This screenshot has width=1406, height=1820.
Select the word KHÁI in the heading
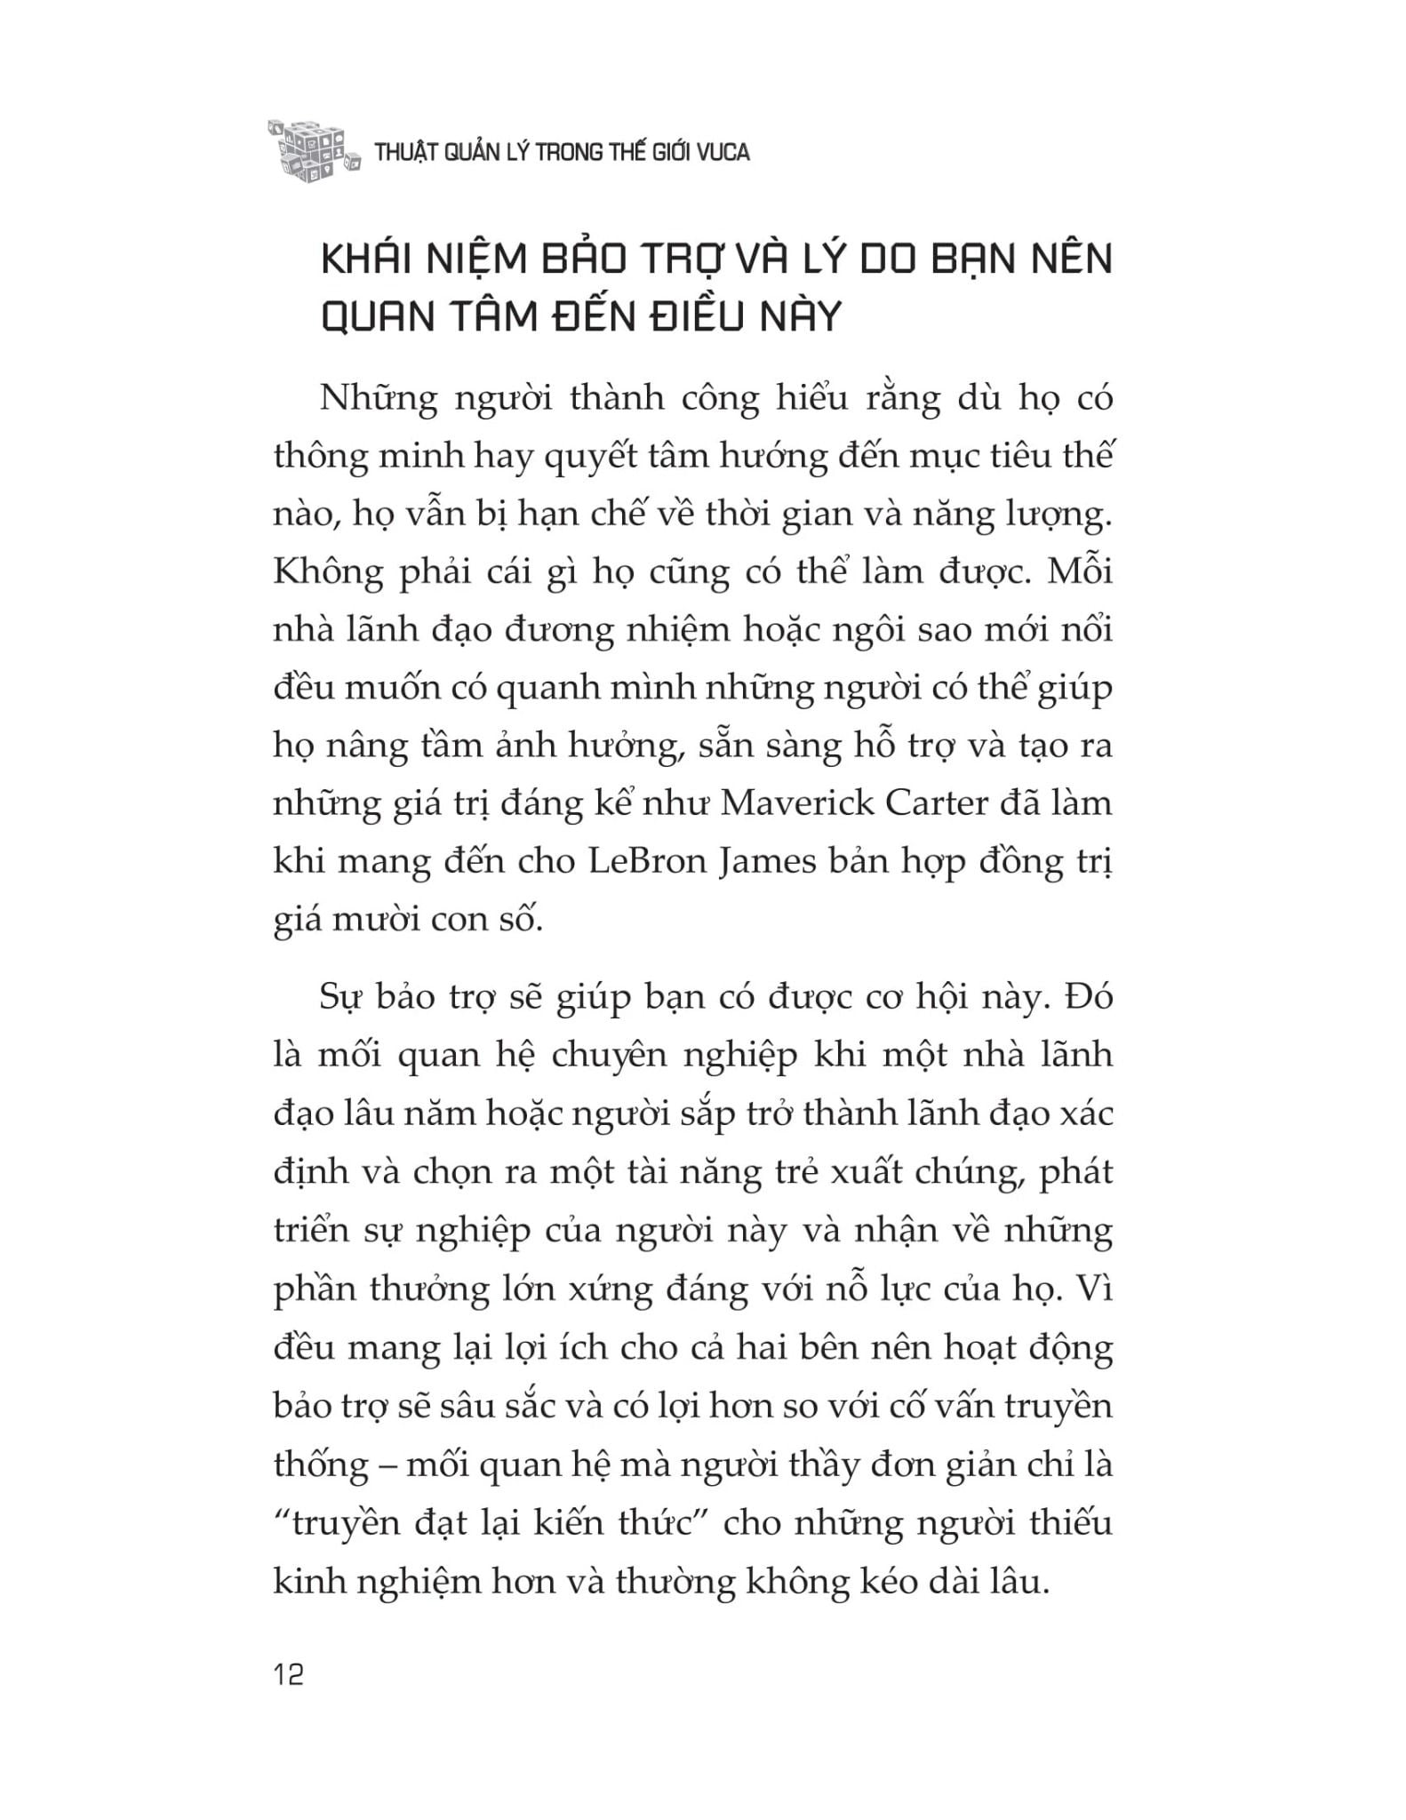point(366,260)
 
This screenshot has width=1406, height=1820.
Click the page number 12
point(290,1675)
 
